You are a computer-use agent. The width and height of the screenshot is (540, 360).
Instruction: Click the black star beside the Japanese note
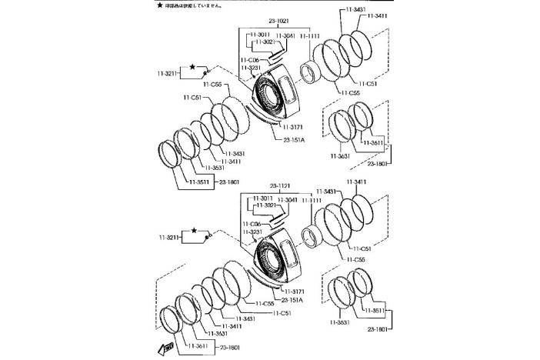[x=159, y=5]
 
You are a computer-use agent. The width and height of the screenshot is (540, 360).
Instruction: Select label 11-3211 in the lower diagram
[x=168, y=238]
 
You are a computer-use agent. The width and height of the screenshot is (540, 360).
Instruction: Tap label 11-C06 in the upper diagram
[x=248, y=59]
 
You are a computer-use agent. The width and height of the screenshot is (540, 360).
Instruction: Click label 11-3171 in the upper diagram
[x=295, y=126]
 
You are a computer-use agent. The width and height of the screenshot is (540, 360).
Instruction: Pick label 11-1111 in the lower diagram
[x=314, y=200]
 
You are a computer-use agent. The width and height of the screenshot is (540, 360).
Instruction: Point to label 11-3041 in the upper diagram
[x=285, y=35]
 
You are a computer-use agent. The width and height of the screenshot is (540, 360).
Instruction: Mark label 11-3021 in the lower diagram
[x=266, y=205]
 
